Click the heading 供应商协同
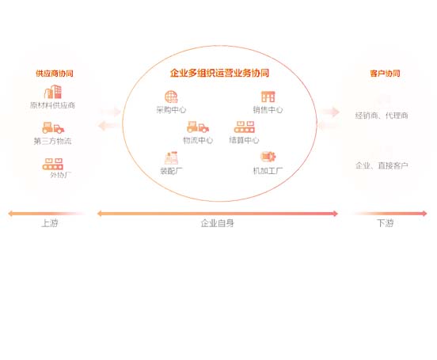[55, 74]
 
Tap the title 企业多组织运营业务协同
[219, 73]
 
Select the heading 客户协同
[385, 74]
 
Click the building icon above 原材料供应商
[53, 92]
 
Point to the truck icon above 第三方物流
[53, 127]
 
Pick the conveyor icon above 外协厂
[53, 164]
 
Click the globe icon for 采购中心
[171, 97]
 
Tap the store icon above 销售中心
[268, 97]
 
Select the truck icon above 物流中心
[198, 127]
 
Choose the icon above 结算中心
[245, 127]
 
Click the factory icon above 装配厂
[171, 157]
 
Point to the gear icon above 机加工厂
[268, 157]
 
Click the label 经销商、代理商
[382, 116]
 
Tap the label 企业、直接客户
[382, 165]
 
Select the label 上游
[50, 223]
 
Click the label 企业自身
[218, 223]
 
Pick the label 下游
[386, 223]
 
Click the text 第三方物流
[53, 141]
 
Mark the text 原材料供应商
[53, 105]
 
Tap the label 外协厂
[60, 175]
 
